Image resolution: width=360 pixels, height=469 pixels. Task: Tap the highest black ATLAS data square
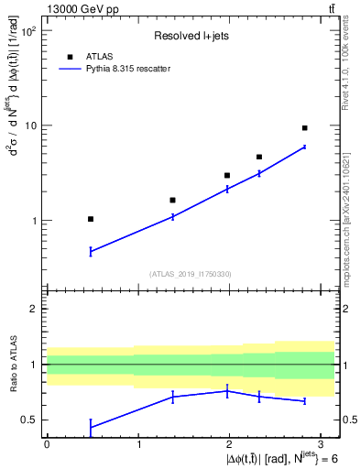[304, 128]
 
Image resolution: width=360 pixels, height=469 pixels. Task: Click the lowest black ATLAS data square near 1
[91, 219]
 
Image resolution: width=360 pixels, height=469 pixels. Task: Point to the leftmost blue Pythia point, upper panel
[91, 251]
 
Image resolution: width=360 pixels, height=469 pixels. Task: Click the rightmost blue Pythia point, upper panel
[304, 147]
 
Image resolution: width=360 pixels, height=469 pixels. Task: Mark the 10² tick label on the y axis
[27, 31]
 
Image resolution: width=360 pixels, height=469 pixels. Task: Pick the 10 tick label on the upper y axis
[30, 125]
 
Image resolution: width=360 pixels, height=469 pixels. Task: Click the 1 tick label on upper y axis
[33, 221]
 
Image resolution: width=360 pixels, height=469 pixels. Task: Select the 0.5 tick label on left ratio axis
[28, 420]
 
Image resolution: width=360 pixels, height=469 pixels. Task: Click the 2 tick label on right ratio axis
[344, 309]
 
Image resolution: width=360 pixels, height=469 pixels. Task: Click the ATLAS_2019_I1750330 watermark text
[191, 273]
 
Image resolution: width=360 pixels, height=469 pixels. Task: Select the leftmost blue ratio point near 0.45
[91, 427]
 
